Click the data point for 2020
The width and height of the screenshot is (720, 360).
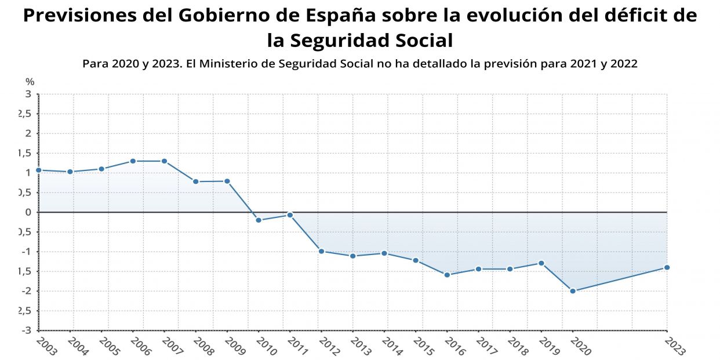point(573,291)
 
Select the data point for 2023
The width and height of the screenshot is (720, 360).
point(667,267)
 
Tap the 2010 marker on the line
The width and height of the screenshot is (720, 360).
point(259,220)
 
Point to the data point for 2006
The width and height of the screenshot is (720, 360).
point(133,161)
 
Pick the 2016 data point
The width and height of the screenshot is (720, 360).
point(447,275)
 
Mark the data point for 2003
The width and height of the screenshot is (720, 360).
point(38,170)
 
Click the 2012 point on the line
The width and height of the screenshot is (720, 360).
point(321,251)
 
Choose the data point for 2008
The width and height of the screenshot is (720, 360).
point(195,181)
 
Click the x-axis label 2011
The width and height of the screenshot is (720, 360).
point(297,346)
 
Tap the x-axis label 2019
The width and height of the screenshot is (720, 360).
point(549,346)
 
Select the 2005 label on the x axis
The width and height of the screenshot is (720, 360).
point(109,346)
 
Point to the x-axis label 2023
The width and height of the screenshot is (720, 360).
point(675,346)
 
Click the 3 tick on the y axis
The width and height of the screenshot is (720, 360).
point(28,94)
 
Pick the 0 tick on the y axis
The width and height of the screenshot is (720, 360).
point(28,212)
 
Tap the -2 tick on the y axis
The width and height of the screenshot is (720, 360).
point(26,291)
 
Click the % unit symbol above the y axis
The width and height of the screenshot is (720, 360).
point(30,82)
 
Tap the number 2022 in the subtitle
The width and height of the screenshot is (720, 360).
point(623,64)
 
